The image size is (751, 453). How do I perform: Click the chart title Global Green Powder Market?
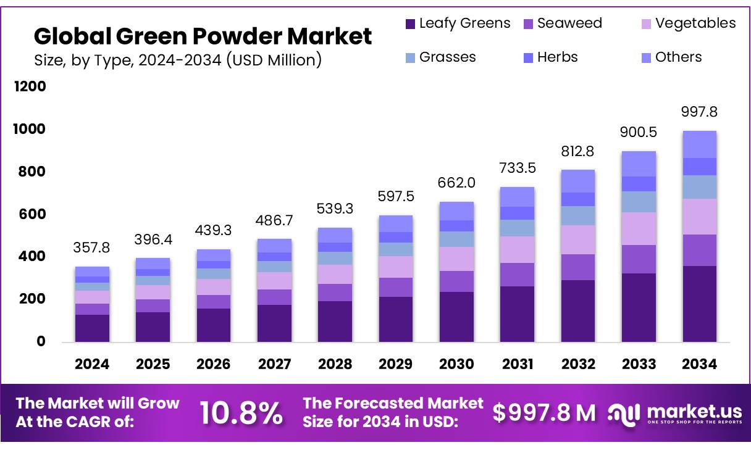pos(203,36)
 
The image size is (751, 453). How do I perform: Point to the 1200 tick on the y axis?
pos(30,86)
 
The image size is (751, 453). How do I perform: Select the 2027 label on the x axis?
pos(274,364)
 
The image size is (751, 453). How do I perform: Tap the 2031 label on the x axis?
pos(518,364)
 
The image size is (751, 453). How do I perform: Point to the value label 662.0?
pos(456,183)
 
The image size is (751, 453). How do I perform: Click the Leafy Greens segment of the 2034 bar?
pos(699,304)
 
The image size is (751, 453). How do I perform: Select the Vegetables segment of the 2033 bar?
pos(639,228)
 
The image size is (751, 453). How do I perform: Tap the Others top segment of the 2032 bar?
pos(578,181)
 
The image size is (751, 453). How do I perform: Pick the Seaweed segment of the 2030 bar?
pos(456,281)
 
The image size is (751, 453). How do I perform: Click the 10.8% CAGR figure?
pos(241,413)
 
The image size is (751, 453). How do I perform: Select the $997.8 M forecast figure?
pos(544,413)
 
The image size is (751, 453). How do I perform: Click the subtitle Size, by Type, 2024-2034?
pos(177,60)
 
